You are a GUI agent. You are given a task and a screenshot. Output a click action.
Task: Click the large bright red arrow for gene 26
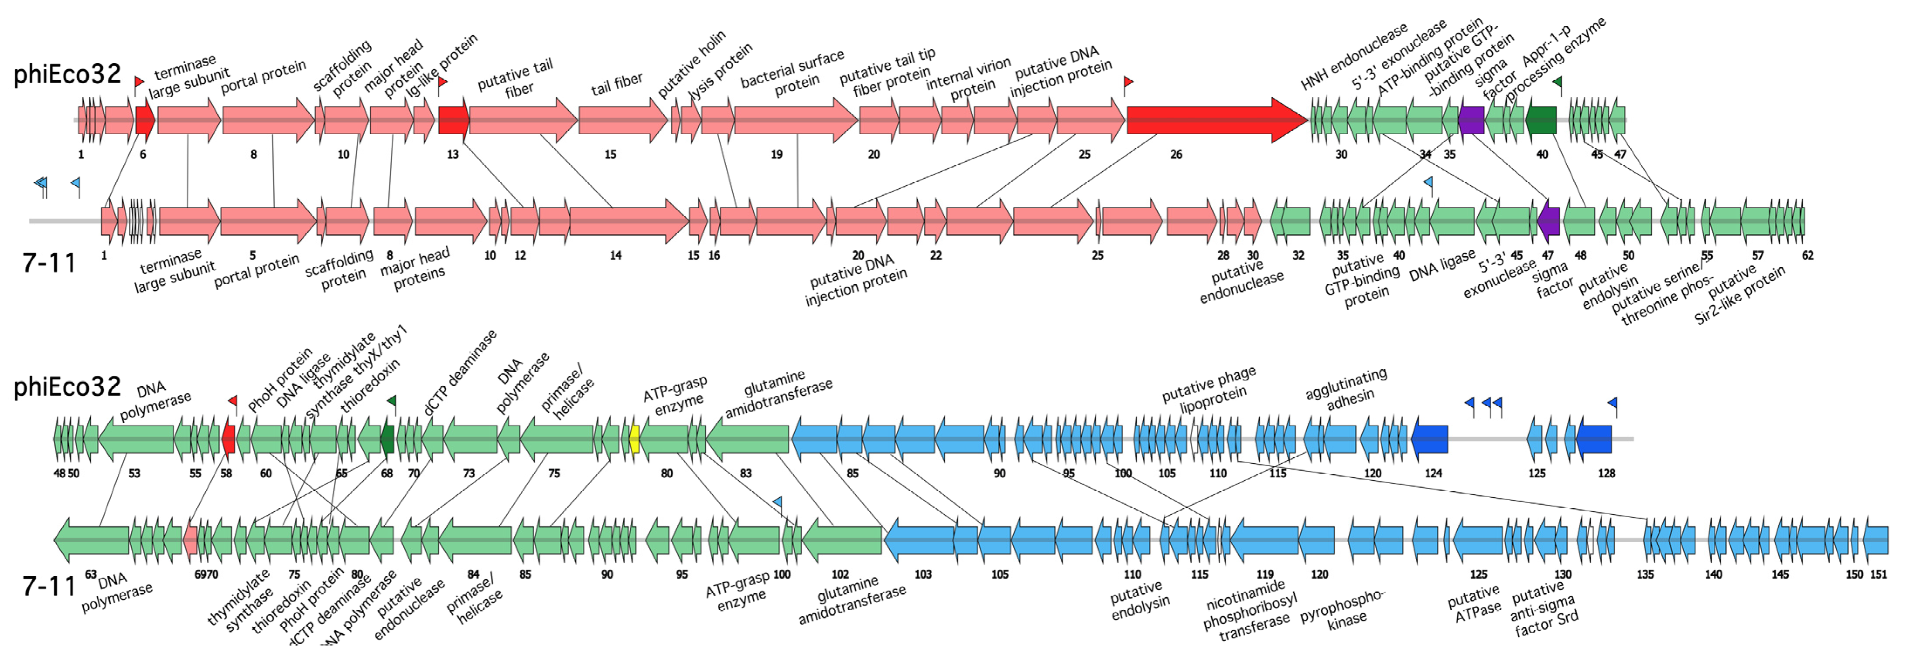click(x=1216, y=120)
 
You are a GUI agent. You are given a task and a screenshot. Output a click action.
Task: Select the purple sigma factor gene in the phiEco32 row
click(x=1471, y=120)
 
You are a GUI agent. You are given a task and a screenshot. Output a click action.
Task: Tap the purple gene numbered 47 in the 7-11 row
click(x=1549, y=220)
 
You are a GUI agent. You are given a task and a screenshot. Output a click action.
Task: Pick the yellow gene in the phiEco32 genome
click(x=634, y=439)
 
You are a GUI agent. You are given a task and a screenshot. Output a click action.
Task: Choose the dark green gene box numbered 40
click(x=1541, y=120)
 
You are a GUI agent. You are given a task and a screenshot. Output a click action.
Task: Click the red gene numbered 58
click(x=229, y=439)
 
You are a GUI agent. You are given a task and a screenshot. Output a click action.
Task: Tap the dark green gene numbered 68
click(x=387, y=439)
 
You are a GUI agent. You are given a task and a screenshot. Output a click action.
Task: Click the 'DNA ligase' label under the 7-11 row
click(x=1442, y=265)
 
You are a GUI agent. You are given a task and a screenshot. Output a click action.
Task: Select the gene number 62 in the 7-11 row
click(x=1807, y=255)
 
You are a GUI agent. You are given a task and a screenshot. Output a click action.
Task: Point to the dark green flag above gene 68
click(x=392, y=401)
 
